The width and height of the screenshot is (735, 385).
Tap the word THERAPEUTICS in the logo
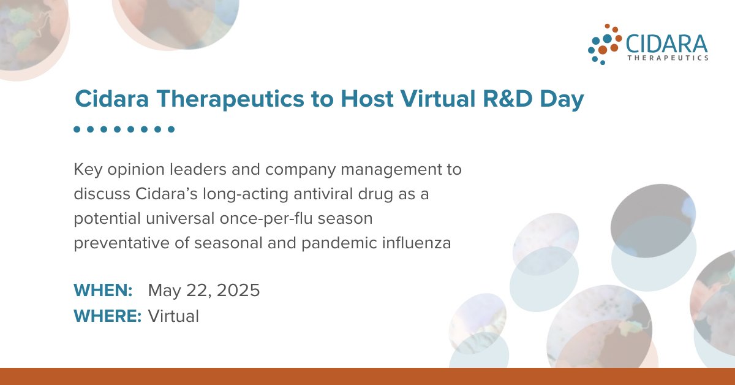pos(668,58)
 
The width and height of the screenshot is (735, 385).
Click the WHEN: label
pos(103,290)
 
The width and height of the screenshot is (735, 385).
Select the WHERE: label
pos(108,316)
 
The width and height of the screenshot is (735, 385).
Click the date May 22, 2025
pos(204,291)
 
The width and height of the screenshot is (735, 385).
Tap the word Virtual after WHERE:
pos(173,316)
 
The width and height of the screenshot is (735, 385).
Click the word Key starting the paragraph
pos(86,169)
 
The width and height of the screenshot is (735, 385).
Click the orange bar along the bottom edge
pos(367,376)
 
